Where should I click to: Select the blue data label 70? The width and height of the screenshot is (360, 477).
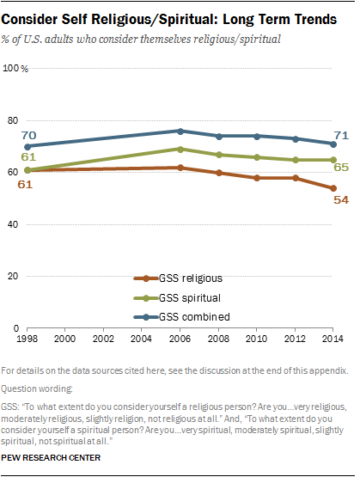[27, 135]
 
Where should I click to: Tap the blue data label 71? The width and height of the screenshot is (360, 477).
[341, 134]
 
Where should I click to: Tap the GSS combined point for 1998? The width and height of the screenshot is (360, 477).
[27, 146]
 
